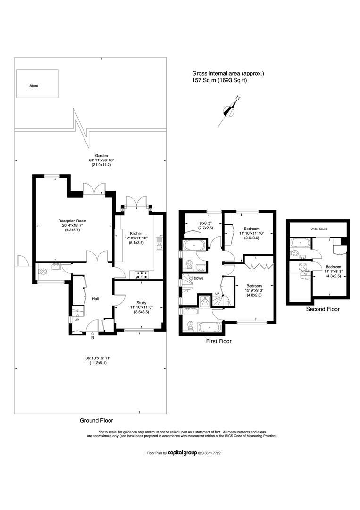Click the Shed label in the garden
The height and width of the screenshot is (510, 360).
[34, 86]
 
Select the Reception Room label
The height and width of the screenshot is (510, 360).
[72, 221]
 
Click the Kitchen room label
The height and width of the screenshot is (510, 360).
[136, 234]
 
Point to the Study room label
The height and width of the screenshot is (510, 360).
[142, 303]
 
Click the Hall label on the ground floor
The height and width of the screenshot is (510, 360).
[95, 299]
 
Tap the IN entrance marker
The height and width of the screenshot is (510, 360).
[92, 337]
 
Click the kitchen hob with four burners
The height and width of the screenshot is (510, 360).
[142, 275]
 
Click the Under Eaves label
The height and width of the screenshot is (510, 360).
[319, 229]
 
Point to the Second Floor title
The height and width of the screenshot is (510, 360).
[323, 309]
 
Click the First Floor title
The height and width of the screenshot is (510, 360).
[218, 341]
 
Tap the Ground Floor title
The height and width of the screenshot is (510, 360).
[97, 421]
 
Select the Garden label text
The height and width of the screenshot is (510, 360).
[101, 156]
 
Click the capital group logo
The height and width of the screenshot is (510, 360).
[182, 453]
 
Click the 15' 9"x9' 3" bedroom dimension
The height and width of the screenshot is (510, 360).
[254, 290]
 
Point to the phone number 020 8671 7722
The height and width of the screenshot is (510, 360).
[209, 453]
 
